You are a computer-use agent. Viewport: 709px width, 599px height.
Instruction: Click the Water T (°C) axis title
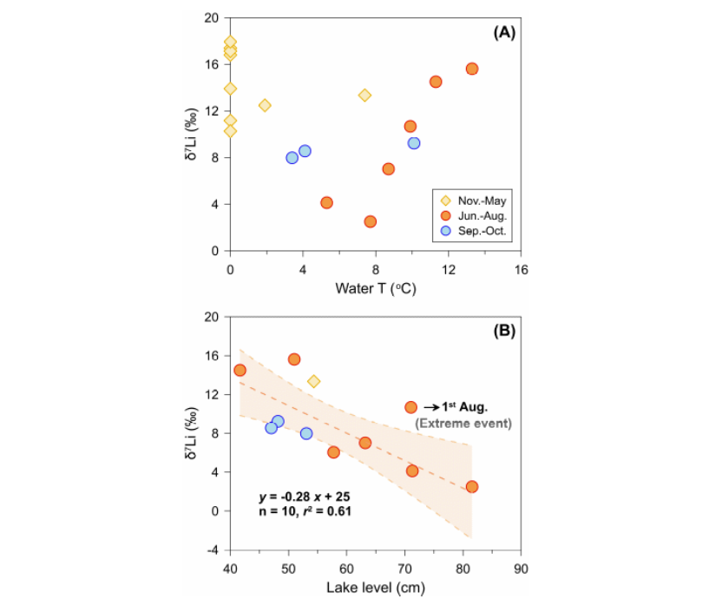coord(375,288)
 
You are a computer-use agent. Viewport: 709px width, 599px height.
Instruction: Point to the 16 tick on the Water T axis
coord(521,269)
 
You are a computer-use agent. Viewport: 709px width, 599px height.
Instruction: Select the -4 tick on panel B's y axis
coord(212,550)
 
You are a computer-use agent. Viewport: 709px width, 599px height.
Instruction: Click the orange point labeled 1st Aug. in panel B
coord(411,407)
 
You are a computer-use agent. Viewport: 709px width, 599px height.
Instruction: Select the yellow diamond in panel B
coord(313,381)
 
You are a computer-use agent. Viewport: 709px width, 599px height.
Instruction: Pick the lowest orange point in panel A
coord(371,221)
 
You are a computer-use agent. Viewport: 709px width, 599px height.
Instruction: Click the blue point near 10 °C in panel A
coord(414,143)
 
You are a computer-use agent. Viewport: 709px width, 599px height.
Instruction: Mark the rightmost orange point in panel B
coord(472,487)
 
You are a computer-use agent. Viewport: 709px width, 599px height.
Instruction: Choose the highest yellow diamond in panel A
coord(230,42)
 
